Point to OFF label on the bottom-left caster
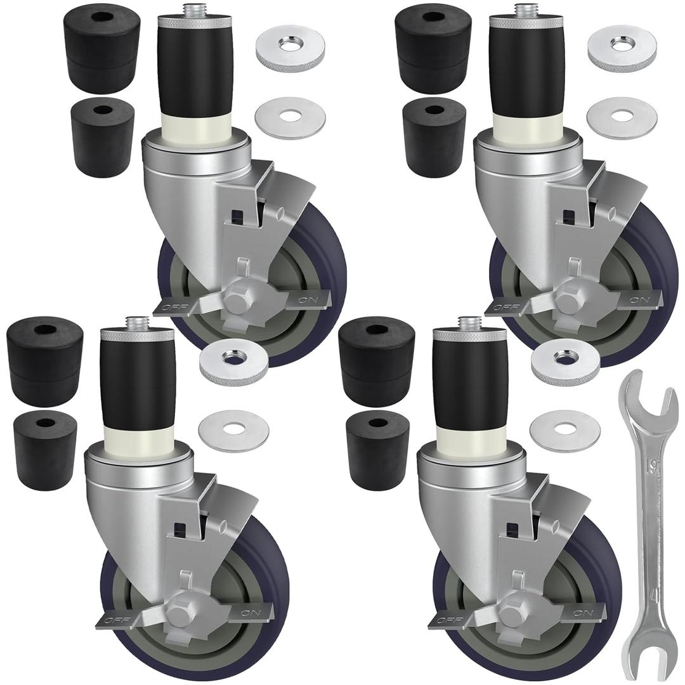point(114,620)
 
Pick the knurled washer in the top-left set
point(290,48)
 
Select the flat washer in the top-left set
point(290,117)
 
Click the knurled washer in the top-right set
point(622,48)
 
